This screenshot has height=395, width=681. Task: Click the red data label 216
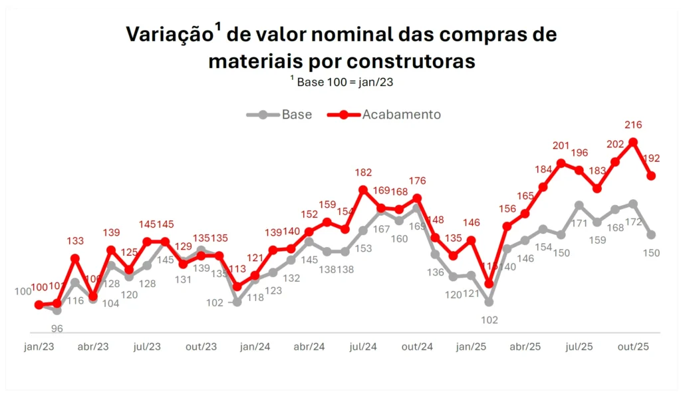pyautogui.click(x=633, y=125)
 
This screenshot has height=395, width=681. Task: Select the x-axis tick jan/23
pyautogui.click(x=39, y=347)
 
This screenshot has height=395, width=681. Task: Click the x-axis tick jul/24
pyautogui.click(x=363, y=347)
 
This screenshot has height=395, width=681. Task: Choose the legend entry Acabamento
pyautogui.click(x=401, y=115)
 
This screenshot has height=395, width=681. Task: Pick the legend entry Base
pyautogui.click(x=297, y=115)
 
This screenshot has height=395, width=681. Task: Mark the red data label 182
pyautogui.click(x=363, y=173)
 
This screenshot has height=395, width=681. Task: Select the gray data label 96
pyautogui.click(x=57, y=328)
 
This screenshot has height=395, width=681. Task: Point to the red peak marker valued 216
pyautogui.click(x=634, y=142)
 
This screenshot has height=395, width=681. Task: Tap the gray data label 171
pyautogui.click(x=579, y=223)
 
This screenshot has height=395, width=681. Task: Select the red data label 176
pyautogui.click(x=417, y=181)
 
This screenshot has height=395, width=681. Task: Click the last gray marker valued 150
pyautogui.click(x=652, y=234)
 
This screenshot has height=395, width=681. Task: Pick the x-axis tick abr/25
pyautogui.click(x=525, y=347)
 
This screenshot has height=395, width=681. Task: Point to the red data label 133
pyautogui.click(x=75, y=241)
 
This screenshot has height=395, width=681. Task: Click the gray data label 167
pyautogui.click(x=381, y=229)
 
